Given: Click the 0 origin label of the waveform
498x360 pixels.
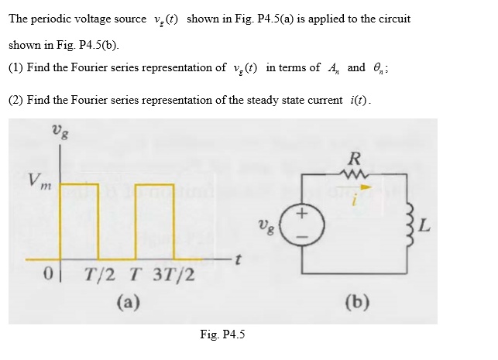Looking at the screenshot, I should tap(47, 276).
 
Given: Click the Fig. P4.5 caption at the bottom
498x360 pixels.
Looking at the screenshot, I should tap(222, 334).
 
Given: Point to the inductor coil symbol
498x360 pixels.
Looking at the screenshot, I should tap(401, 225).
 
